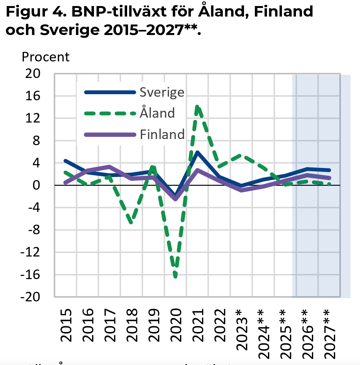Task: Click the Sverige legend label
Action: point(162,92)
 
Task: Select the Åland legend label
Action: point(157,113)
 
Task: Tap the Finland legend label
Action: point(162,134)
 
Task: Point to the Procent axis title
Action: point(45,57)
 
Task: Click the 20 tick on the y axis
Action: point(33,74)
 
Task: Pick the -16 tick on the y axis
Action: point(31,275)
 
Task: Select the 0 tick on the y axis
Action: point(36,185)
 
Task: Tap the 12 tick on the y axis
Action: point(33,118)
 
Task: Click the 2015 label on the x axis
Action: point(66,325)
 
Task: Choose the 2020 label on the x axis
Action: point(176,325)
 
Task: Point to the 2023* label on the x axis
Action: point(242,329)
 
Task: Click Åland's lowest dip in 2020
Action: point(176,276)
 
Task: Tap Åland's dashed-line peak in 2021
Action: point(198,107)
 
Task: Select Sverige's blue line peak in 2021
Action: point(198,152)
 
